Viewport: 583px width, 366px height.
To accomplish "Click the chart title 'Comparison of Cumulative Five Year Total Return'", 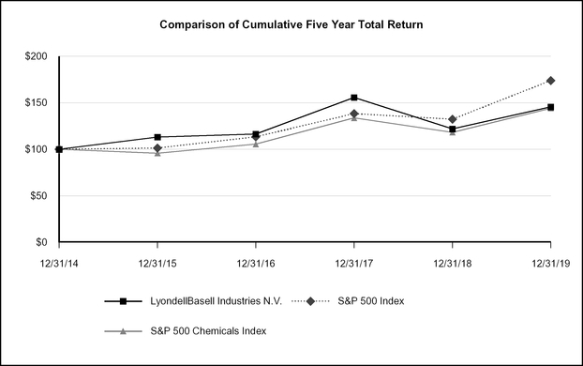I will point(291,23).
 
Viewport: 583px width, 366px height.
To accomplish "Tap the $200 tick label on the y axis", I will point(35,56).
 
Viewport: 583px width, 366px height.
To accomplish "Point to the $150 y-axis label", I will point(35,103).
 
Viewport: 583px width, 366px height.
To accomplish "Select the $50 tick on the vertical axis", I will point(37,196).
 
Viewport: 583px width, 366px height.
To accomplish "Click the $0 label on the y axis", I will point(41,242).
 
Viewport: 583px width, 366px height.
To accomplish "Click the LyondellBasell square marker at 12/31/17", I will point(354,98).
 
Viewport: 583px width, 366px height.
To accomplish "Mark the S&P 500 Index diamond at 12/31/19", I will point(551,81).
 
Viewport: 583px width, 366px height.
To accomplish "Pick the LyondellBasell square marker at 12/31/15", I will point(157,138).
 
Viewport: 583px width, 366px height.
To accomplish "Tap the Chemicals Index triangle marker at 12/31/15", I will point(157,153).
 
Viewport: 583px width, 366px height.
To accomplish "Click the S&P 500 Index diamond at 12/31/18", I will point(453,119).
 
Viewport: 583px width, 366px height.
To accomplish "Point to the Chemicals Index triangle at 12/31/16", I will point(256,144).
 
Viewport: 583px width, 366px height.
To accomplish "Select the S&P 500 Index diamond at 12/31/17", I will point(354,114).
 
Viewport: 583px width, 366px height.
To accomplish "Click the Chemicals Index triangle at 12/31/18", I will point(453,132).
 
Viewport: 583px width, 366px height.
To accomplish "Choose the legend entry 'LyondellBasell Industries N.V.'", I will point(216,301).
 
